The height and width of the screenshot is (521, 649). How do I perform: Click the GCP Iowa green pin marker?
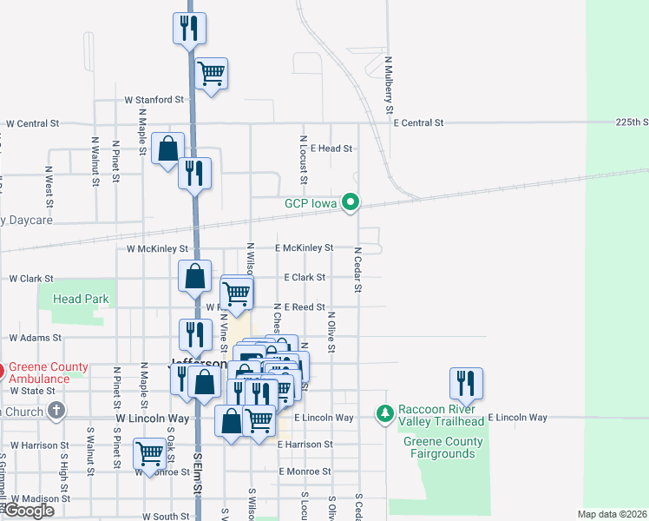(351, 203)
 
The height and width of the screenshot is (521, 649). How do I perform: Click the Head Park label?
(80, 299)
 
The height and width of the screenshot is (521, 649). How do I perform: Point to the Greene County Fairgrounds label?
(443, 447)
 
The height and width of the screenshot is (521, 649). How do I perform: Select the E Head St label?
(330, 148)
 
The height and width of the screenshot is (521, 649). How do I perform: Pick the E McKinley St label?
(305, 248)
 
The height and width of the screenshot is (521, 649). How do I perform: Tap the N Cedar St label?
(357, 269)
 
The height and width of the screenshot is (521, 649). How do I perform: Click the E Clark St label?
(305, 278)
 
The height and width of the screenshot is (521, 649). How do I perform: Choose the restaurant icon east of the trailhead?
(466, 383)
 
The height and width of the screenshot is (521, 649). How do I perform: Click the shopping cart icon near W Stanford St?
(212, 74)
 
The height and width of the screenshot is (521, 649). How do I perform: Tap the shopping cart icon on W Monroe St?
(150, 454)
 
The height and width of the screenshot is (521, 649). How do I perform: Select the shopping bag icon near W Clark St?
(195, 276)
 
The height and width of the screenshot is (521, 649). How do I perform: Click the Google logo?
(29, 510)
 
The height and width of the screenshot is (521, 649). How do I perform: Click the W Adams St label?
(36, 337)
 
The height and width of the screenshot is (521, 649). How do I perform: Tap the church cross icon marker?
(56, 411)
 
